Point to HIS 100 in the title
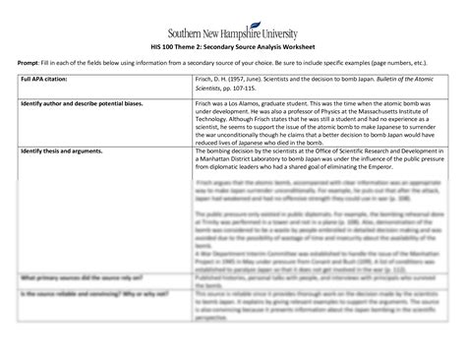point(167,45)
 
